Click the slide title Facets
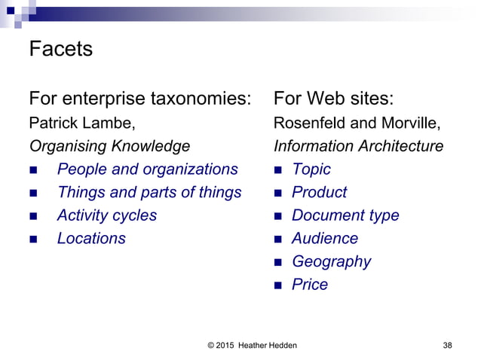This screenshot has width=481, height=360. tap(60, 50)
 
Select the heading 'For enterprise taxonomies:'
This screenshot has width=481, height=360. tap(139, 99)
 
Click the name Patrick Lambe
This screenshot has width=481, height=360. tap(83, 123)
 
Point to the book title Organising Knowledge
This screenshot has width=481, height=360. tap(109, 146)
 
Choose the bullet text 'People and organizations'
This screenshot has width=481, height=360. tap(147, 169)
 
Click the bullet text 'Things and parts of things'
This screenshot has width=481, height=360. tap(149, 192)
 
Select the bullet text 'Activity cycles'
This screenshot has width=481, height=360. tap(107, 215)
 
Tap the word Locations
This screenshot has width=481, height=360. tap(91, 239)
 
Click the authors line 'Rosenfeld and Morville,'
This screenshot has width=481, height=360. tap(357, 123)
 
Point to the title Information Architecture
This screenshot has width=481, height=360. tap(358, 146)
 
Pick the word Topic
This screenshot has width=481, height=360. tap(311, 169)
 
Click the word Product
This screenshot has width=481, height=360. tap(319, 192)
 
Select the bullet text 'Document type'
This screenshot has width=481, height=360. tap(345, 215)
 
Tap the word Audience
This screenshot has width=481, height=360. tap(325, 239)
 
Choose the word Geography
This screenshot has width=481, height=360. tap(331, 262)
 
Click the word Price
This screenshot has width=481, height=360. tap(310, 285)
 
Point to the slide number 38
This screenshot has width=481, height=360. tap(448, 346)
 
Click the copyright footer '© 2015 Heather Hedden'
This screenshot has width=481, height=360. tap(252, 346)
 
